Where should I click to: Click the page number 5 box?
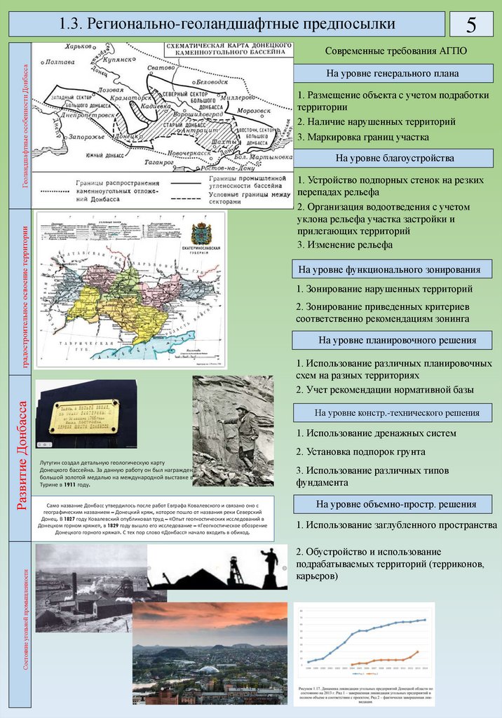[471, 25]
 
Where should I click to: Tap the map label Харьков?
[78, 46]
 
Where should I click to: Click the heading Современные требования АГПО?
[395, 52]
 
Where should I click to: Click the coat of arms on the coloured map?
[202, 232]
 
